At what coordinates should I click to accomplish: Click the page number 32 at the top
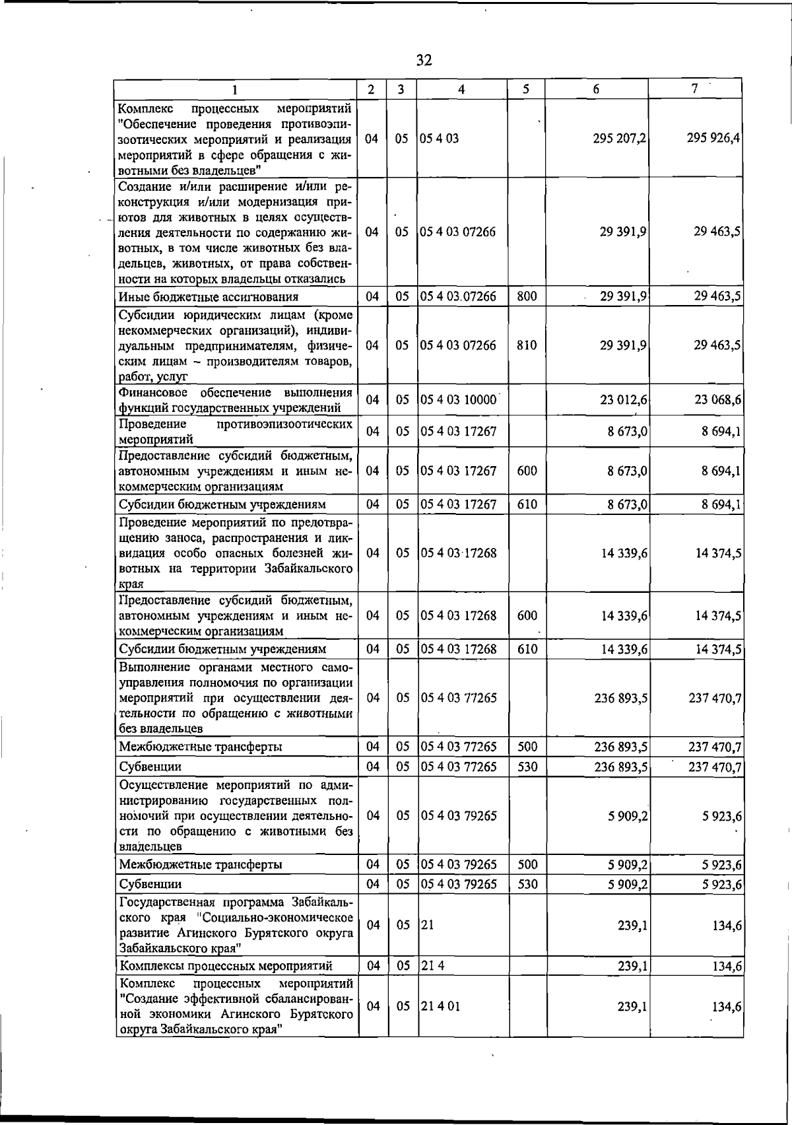click(424, 61)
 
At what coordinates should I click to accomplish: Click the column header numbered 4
click(462, 89)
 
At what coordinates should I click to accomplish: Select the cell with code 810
click(527, 345)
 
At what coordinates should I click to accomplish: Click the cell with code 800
click(527, 296)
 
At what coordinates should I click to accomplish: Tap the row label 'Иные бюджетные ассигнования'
click(208, 297)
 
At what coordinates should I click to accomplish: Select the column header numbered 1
click(234, 89)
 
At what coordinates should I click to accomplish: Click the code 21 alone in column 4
click(427, 926)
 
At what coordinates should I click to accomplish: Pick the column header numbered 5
click(526, 89)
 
